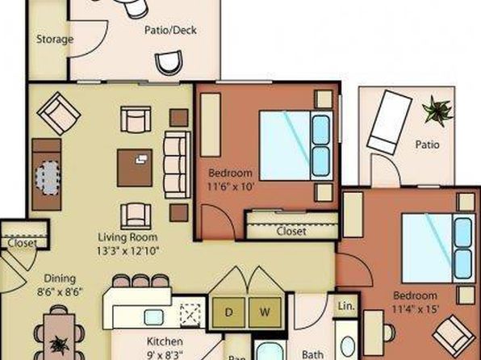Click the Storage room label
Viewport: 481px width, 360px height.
(x=55, y=40)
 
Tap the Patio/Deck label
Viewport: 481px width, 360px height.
(x=170, y=30)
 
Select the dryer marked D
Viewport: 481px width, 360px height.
(x=228, y=312)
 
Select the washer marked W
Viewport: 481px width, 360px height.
(x=265, y=312)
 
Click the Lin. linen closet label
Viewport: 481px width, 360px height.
(x=346, y=306)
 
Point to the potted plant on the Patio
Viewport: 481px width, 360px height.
(x=437, y=111)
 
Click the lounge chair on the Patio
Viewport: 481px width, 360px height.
(x=389, y=122)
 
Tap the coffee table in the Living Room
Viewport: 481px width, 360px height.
(x=135, y=168)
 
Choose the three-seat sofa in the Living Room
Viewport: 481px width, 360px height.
(x=178, y=165)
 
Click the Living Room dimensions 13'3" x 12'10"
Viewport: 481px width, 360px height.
(x=128, y=251)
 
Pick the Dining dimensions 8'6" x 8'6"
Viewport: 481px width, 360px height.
(x=60, y=291)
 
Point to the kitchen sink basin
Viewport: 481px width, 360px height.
(x=153, y=317)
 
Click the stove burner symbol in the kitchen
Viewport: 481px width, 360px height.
(x=190, y=315)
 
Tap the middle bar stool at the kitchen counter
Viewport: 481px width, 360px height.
(x=140, y=281)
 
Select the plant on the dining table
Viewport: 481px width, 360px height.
(x=59, y=345)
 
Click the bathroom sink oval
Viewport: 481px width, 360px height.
(x=348, y=346)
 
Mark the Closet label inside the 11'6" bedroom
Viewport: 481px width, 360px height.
(x=291, y=231)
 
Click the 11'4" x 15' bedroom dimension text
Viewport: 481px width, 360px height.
(x=415, y=309)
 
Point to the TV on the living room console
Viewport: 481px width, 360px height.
(x=48, y=178)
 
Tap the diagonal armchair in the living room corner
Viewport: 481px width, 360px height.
(x=59, y=114)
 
